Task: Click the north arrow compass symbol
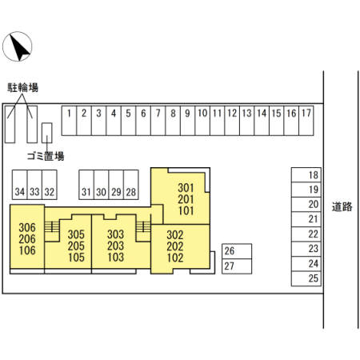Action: (x=18, y=46)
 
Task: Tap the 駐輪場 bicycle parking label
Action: (x=22, y=87)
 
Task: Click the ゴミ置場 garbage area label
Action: (x=46, y=156)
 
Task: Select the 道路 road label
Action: (x=342, y=206)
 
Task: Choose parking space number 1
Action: (x=69, y=121)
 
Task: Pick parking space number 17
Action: (x=306, y=121)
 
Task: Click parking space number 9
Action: (x=188, y=121)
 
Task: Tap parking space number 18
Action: (x=306, y=175)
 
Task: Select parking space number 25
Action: (x=306, y=278)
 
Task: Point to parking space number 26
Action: (x=237, y=251)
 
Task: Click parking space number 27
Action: (x=237, y=266)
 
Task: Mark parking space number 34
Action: (x=20, y=185)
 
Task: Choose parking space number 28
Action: (x=131, y=185)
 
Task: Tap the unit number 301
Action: (x=186, y=188)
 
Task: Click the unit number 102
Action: (x=175, y=258)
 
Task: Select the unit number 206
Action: (x=27, y=239)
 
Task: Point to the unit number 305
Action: (x=76, y=234)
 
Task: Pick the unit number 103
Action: (x=116, y=258)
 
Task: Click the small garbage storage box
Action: (x=47, y=133)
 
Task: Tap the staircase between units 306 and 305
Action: (x=52, y=226)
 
